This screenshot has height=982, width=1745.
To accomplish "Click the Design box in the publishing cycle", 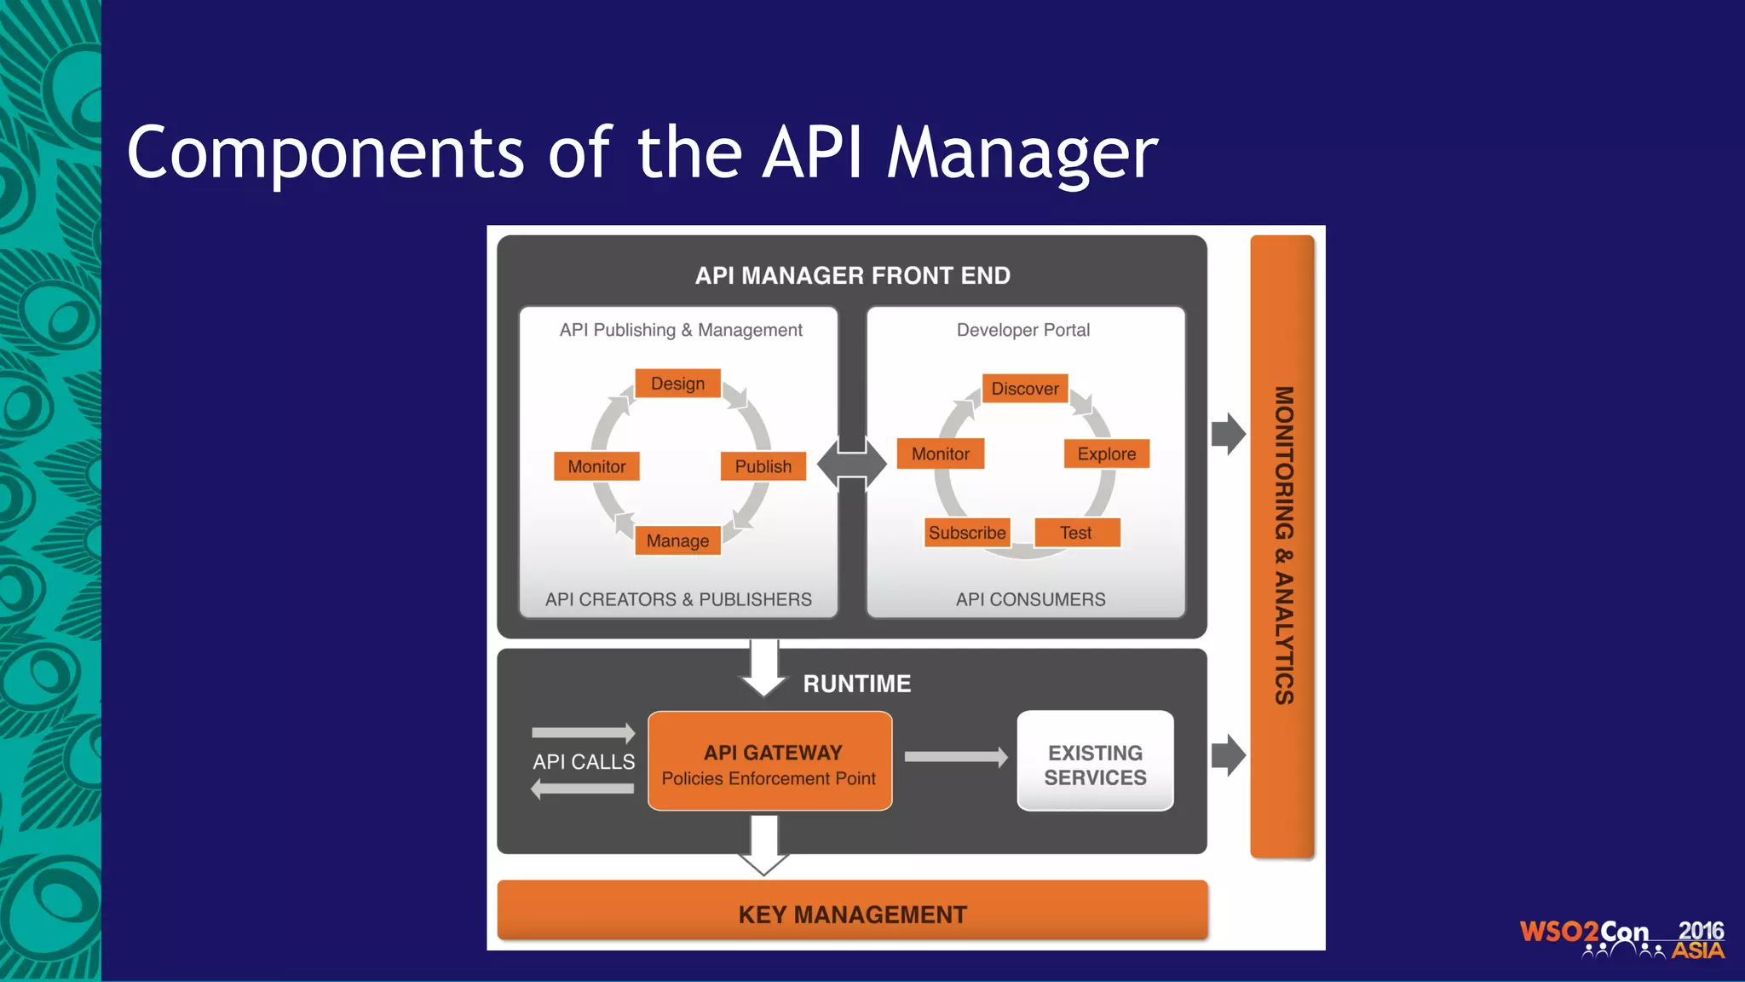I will [x=678, y=384].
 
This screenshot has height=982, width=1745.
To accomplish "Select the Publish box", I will [x=763, y=466].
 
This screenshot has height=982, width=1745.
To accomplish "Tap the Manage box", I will [x=678, y=540].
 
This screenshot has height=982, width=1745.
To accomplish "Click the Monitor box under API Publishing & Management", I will [x=596, y=466].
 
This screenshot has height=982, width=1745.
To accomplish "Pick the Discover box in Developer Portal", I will [x=1025, y=389].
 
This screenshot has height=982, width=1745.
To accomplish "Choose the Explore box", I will [x=1107, y=453].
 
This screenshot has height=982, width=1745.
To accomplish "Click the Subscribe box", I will [x=968, y=533].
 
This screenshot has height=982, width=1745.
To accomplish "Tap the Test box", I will [x=1077, y=533].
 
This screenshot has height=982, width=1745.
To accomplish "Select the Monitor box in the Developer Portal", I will [x=941, y=453].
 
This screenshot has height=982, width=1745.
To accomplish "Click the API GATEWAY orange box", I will [x=770, y=761].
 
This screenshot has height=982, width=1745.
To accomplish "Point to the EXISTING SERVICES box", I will [x=1096, y=761].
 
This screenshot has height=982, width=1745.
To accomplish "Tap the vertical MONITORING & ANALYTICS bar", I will [x=1282, y=546].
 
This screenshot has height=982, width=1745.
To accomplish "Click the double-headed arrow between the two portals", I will [x=852, y=464].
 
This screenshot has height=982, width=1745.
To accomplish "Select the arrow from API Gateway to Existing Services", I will [x=955, y=756].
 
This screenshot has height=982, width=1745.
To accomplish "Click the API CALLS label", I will [x=584, y=761].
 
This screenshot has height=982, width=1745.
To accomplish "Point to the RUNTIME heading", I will [x=857, y=684].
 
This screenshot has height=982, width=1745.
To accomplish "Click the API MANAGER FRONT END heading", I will [x=852, y=275].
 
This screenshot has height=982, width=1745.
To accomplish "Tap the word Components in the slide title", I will [x=325, y=153].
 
